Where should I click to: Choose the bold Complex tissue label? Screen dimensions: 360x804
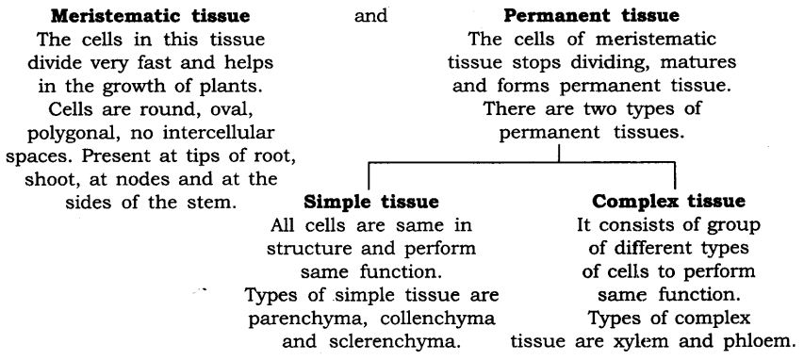coord(670,202)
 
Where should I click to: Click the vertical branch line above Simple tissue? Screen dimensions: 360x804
coord(368,176)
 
